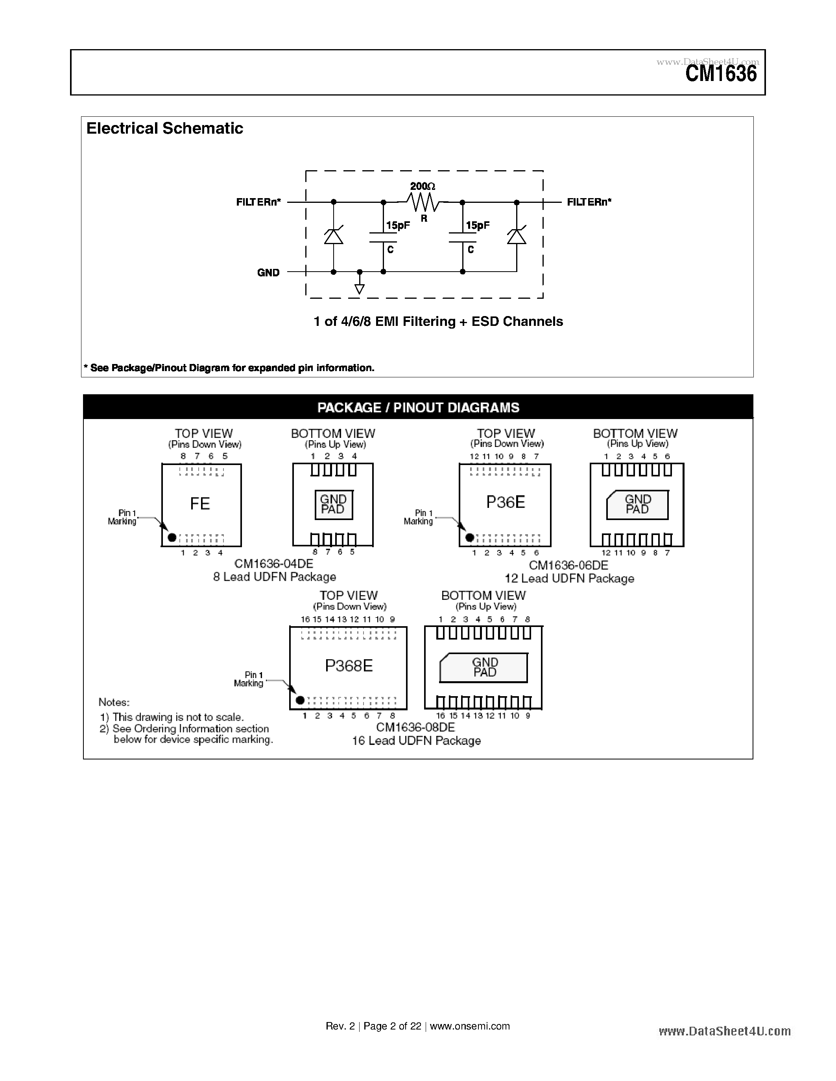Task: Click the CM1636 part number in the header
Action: pos(721,74)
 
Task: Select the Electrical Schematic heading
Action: pos(164,128)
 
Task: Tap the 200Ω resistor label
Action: pos(423,186)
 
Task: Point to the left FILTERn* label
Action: pos(258,202)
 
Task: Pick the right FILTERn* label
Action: pos(589,202)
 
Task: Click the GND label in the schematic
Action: pos(268,273)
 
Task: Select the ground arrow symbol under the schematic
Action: pos(360,289)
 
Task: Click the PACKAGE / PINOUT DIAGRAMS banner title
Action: pos(418,407)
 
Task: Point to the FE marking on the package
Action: pos(200,504)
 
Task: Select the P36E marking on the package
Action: pos(505,502)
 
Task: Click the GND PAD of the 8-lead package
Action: pos(333,504)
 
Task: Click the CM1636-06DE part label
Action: pos(568,565)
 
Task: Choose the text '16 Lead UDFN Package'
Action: pos(416,741)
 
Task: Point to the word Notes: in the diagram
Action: pos(114,702)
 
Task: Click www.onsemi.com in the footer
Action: pos(469,1026)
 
